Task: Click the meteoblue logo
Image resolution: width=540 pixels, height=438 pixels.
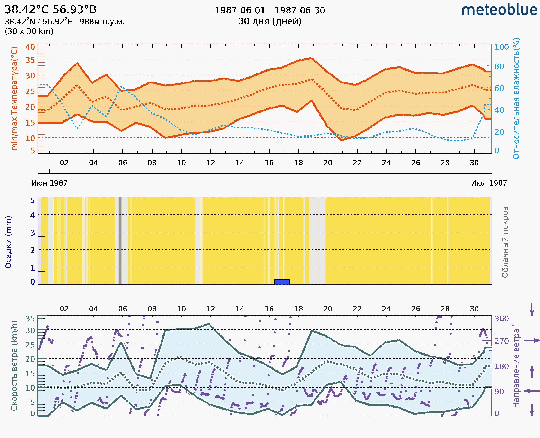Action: pyautogui.click(x=499, y=10)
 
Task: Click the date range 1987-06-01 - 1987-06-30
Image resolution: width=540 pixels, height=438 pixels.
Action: pyautogui.click(x=270, y=10)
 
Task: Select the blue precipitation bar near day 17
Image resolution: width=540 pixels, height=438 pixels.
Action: pyautogui.click(x=282, y=282)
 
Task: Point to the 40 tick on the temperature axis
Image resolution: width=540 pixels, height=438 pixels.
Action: pyautogui.click(x=30, y=47)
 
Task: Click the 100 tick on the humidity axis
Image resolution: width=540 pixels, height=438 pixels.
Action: pyautogui.click(x=501, y=47)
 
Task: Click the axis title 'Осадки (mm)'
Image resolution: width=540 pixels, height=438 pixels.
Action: pyautogui.click(x=8, y=242)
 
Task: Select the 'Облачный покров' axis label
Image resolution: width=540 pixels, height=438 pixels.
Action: pyautogui.click(x=505, y=242)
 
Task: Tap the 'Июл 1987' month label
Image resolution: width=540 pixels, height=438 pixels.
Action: pyautogui.click(x=488, y=183)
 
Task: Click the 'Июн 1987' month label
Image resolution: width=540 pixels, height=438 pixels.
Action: pyautogui.click(x=49, y=183)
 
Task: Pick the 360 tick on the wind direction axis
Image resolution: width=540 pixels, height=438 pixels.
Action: pyautogui.click(x=501, y=319)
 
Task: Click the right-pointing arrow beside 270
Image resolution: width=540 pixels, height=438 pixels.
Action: pyautogui.click(x=532, y=341)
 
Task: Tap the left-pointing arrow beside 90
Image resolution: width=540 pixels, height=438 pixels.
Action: pyautogui.click(x=532, y=391)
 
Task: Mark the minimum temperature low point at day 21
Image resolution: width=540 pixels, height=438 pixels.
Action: pyautogui.click(x=342, y=140)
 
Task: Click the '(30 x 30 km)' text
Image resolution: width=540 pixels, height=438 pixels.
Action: pyautogui.click(x=29, y=32)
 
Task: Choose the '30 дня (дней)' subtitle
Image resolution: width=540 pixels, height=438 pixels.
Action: pyautogui.click(x=270, y=21)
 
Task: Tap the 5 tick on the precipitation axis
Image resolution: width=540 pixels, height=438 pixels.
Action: pyautogui.click(x=32, y=201)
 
